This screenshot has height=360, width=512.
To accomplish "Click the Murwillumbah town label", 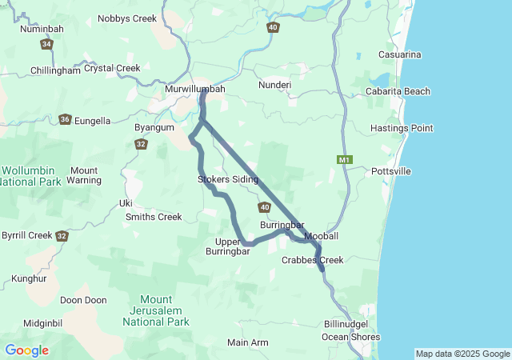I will pyautogui.click(x=194, y=89).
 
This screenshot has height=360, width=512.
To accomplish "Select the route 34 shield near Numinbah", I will pyautogui.click(x=46, y=44).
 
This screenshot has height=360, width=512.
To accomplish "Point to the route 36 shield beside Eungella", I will pyautogui.click(x=65, y=120).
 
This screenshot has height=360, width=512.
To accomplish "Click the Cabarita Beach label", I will pyautogui.click(x=399, y=91).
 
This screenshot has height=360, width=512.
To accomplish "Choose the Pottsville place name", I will pyautogui.click(x=391, y=171).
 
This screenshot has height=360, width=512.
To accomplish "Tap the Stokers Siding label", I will pyautogui.click(x=228, y=179).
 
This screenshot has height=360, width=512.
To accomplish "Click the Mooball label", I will pyautogui.click(x=322, y=237).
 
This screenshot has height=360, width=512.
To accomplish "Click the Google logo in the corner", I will pyautogui.click(x=26, y=350).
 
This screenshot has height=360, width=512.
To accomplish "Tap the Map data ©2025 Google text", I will pyautogui.click(x=462, y=354).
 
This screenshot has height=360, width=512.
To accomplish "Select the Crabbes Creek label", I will pyautogui.click(x=312, y=260).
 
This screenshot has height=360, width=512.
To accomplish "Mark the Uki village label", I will pyautogui.click(x=126, y=202).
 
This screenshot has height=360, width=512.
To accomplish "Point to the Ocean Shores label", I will pyautogui.click(x=353, y=337).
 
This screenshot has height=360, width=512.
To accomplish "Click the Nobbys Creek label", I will pyautogui.click(x=126, y=18).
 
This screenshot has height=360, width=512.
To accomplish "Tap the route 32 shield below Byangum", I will pyautogui.click(x=141, y=144).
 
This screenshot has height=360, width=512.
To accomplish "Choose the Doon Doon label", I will pyautogui.click(x=83, y=300).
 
